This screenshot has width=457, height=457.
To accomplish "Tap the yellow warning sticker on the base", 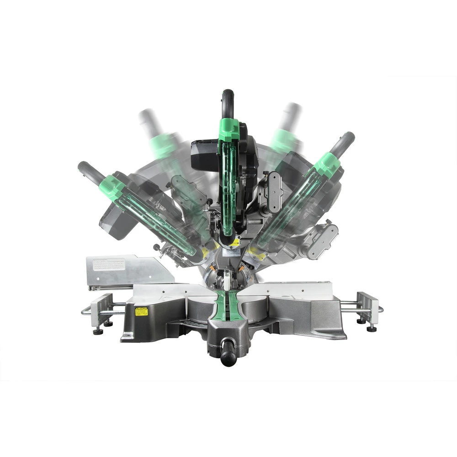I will click(x=141, y=312).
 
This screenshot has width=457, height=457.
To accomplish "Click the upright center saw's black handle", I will click(x=228, y=103).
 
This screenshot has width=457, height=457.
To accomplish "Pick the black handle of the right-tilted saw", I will click(x=343, y=144).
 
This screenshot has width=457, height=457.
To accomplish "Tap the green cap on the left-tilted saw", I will click(x=112, y=188).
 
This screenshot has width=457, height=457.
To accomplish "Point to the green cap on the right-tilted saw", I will click(x=328, y=165).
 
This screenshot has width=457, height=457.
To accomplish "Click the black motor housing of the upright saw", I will click(x=204, y=155).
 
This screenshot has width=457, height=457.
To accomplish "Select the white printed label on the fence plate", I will click(x=109, y=264).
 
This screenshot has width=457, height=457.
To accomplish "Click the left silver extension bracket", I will click(x=101, y=308).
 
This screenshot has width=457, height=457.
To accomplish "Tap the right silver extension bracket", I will click(x=368, y=307).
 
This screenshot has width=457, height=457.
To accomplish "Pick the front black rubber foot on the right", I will click(x=372, y=328).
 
